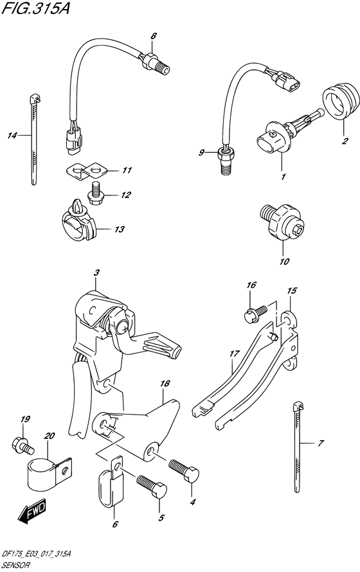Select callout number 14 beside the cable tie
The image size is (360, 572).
12,136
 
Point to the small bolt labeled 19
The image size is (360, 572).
21,443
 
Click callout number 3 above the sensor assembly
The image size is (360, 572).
96,273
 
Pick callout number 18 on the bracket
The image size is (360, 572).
165,383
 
